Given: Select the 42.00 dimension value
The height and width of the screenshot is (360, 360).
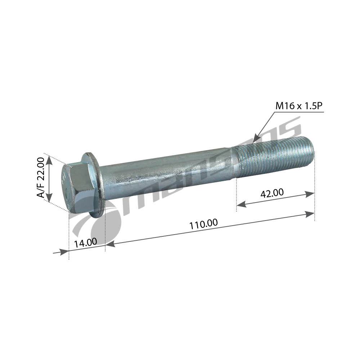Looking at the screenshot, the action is pos(272,193).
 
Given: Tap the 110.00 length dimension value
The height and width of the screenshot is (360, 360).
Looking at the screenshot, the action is pos(203,224).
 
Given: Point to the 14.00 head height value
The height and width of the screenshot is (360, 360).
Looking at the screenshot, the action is pos(85,243).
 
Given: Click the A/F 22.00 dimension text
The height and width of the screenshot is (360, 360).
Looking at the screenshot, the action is pos(41,177).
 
